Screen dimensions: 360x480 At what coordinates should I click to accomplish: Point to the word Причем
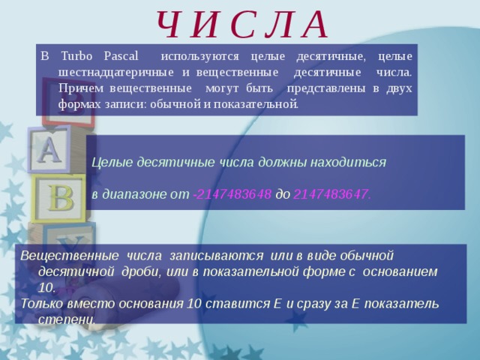coord(76,88)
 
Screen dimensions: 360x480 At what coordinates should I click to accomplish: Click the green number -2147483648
coord(232,193)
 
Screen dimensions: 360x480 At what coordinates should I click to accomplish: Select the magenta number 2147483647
coord(331,193)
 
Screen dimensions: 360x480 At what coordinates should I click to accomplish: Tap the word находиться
coord(349,161)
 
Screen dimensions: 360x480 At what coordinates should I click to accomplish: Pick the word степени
coord(66,319)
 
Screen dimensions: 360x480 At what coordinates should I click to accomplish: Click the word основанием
coord(400,271)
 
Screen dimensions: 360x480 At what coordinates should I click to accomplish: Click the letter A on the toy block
coord(49,150)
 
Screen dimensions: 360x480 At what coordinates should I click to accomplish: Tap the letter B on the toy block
coord(61,198)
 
